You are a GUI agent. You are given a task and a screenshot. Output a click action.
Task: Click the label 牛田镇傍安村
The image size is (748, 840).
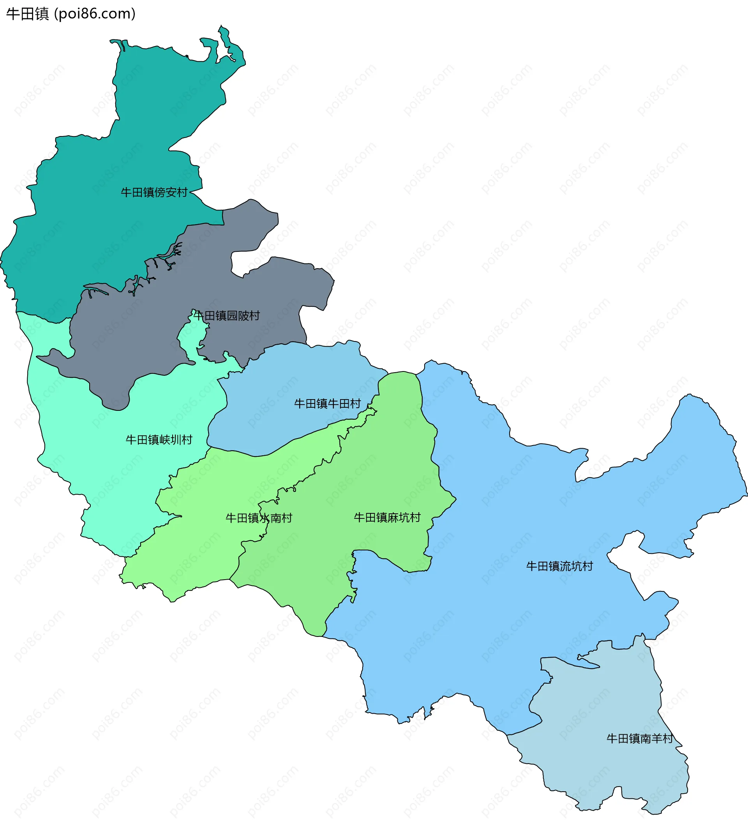pyautogui.click(x=154, y=193)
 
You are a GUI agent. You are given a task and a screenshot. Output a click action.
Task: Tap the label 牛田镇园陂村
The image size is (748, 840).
pyautogui.click(x=226, y=316)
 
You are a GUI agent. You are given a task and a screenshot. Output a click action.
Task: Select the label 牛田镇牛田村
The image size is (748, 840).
pyautogui.click(x=328, y=404)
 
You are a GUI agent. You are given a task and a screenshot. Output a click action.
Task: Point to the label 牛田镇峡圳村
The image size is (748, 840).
pyautogui.click(x=159, y=440)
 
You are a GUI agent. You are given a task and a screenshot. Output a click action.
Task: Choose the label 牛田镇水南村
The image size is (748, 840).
pyautogui.click(x=259, y=518)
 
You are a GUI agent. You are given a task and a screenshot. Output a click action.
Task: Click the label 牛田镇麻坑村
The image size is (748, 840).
pyautogui.click(x=387, y=518)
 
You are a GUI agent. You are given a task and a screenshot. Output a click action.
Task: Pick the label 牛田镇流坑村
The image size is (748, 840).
pyautogui.click(x=560, y=567)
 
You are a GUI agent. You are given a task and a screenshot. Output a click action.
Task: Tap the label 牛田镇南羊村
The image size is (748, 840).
pyautogui.click(x=640, y=739)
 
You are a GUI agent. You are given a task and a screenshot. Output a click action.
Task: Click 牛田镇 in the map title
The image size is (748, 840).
pyautogui.click(x=28, y=14)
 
